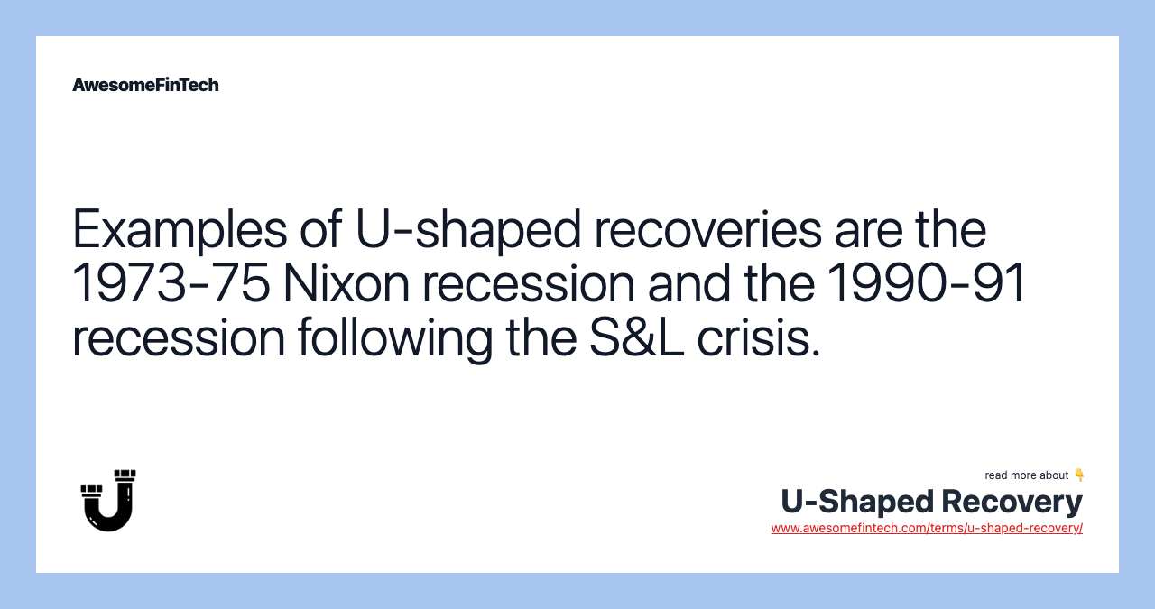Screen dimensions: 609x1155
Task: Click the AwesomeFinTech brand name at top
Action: (x=145, y=85)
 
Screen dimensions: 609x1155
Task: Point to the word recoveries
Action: (x=707, y=229)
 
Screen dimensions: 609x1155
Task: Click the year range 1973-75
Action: (x=171, y=283)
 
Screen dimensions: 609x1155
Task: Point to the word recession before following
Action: (x=177, y=337)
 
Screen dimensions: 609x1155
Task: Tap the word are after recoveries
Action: (x=873, y=229)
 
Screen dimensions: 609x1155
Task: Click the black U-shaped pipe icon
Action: (x=108, y=500)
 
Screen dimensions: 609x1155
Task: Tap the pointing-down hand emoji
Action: (x=1079, y=475)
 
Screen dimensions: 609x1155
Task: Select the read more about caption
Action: (x=1026, y=475)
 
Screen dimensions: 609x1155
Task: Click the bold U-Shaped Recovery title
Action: (x=931, y=501)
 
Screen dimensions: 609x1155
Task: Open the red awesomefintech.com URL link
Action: (x=927, y=528)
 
